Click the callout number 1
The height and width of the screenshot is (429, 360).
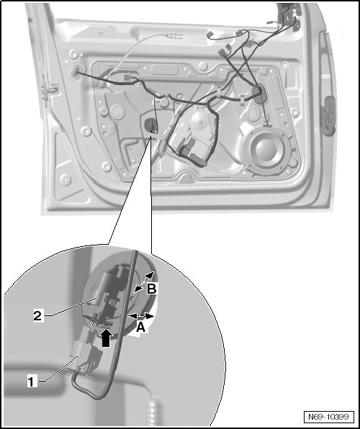[32, 381]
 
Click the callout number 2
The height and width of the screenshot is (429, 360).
[37, 316]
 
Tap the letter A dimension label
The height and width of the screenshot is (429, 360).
[141, 328]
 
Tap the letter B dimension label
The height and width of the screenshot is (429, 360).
[151, 289]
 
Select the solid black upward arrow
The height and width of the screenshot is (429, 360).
[107, 338]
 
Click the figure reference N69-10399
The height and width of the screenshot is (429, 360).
[328, 417]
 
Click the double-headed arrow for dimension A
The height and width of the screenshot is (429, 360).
[141, 316]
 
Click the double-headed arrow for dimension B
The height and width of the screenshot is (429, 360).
[145, 281]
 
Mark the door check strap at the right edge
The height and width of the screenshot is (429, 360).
[329, 115]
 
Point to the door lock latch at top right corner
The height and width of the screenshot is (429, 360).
[289, 17]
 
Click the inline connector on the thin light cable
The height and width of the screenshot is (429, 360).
[174, 35]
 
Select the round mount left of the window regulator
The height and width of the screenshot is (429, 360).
[118, 112]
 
